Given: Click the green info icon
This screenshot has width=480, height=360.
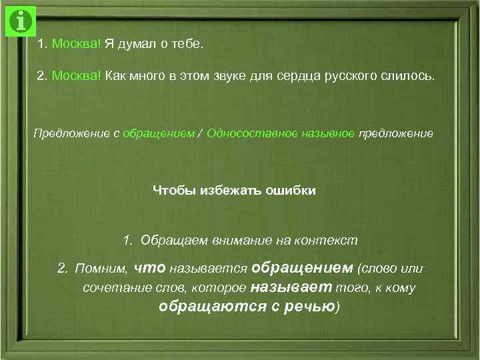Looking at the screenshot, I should click(x=21, y=21).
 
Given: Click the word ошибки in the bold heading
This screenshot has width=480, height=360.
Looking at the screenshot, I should click(x=291, y=191).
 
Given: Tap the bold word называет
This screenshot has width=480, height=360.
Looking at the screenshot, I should click(x=291, y=288).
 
